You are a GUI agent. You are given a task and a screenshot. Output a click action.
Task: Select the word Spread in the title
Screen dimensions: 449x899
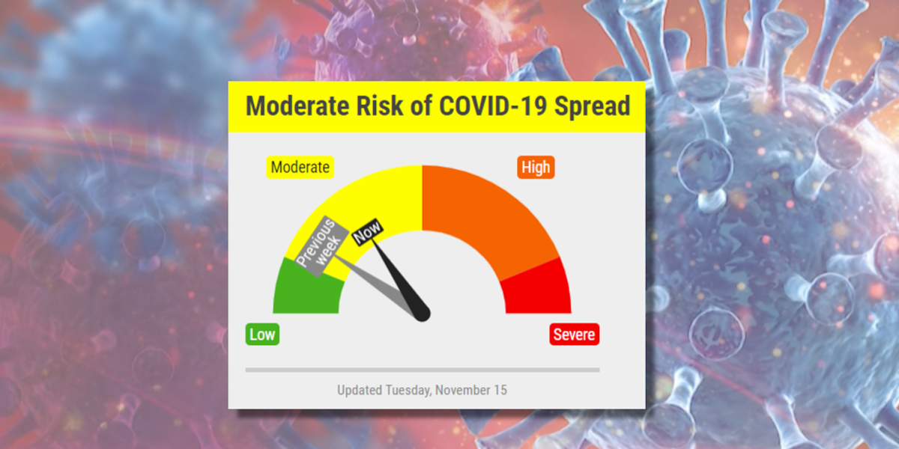(592, 106)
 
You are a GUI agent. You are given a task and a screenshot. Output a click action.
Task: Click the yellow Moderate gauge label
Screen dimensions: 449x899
(300, 167)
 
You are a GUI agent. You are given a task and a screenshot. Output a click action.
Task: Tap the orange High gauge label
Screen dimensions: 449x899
(536, 167)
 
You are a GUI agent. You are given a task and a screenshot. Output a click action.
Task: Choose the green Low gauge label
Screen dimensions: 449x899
(262, 335)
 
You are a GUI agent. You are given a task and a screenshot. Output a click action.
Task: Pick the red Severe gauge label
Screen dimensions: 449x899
(575, 335)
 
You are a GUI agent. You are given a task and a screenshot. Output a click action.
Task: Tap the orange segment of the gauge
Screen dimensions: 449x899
(487, 210)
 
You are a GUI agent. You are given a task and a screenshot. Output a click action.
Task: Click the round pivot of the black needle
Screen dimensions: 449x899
(423, 314)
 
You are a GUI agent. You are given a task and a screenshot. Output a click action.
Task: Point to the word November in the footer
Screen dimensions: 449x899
(462, 390)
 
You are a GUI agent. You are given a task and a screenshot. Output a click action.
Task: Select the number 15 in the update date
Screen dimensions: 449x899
(500, 390)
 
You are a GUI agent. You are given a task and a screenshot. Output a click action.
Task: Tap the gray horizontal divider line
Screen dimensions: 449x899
(422, 370)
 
